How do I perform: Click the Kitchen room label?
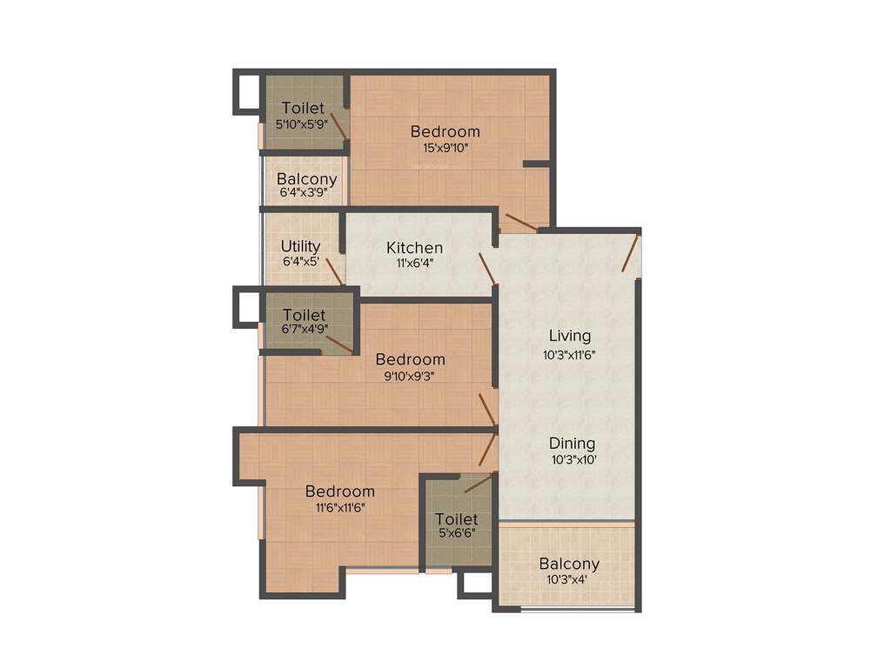(414, 248)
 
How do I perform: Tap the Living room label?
(570, 336)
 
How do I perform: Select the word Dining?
(572, 444)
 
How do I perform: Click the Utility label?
(300, 246)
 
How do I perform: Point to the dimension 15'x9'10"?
(445, 148)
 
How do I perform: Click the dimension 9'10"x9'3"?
(410, 376)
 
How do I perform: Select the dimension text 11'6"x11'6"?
(340, 508)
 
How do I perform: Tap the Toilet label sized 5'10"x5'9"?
(303, 109)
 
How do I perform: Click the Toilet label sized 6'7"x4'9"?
(305, 315)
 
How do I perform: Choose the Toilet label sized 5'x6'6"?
(457, 519)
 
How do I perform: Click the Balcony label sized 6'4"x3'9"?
(306, 179)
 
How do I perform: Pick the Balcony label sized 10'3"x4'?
(569, 564)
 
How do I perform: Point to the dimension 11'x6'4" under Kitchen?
(414, 264)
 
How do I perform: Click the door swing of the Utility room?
(334, 270)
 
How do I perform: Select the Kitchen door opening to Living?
(486, 269)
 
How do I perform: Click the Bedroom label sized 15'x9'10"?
(445, 131)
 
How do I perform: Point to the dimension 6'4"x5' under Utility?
(300, 261)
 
